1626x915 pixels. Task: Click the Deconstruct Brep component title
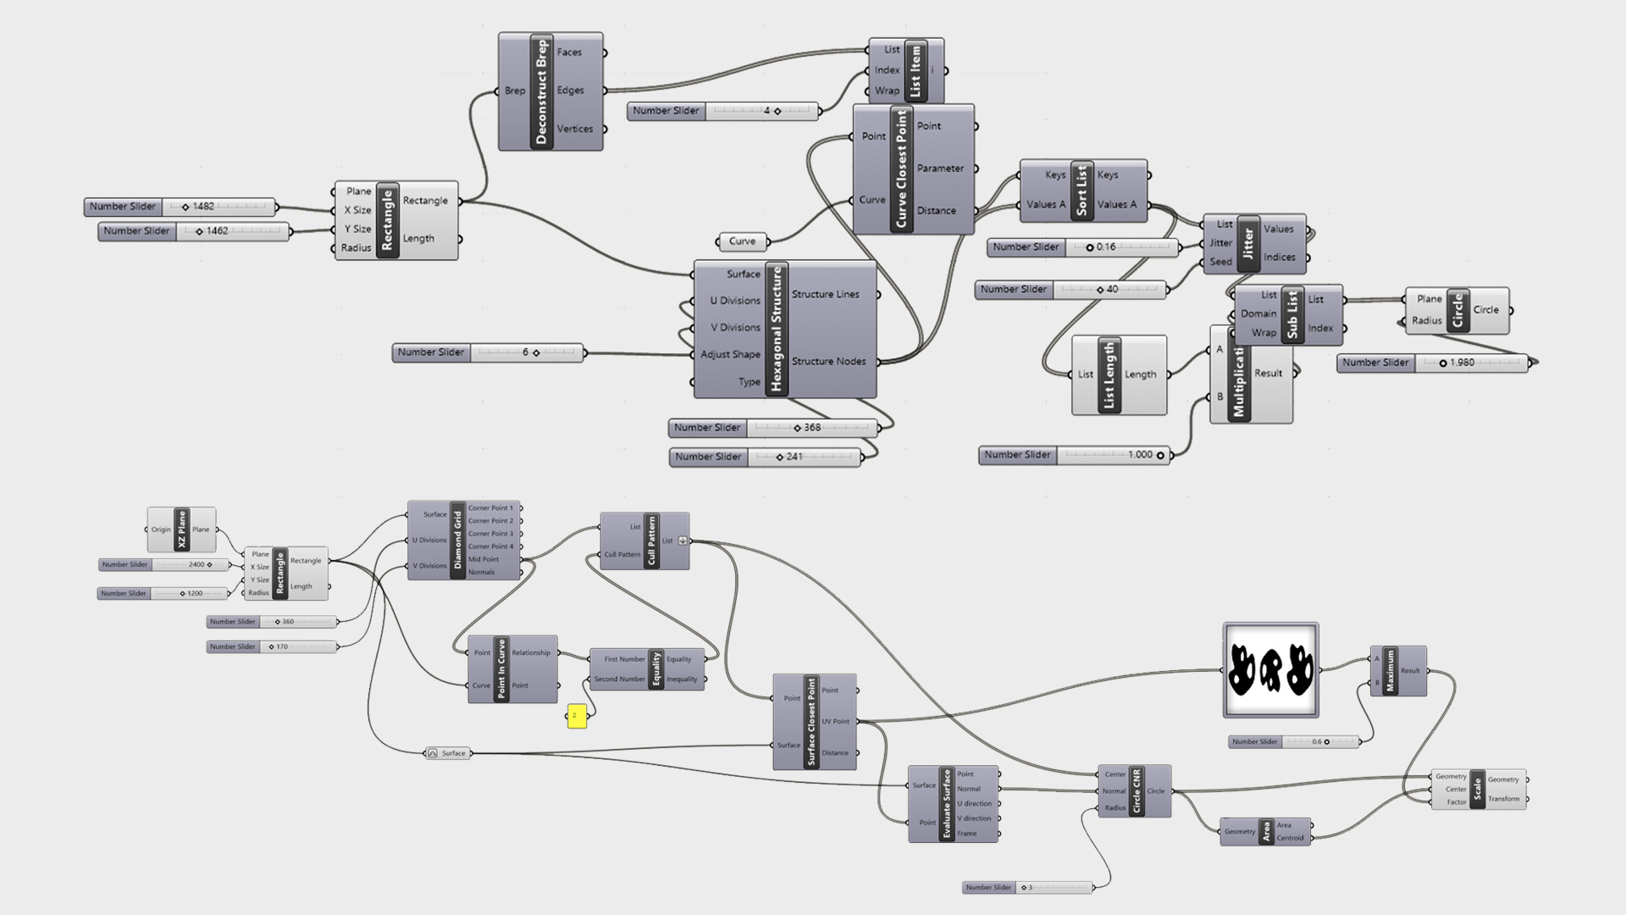click(542, 91)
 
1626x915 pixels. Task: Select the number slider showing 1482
click(180, 207)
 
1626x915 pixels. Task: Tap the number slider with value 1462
click(194, 231)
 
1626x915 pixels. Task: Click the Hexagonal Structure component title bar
click(777, 329)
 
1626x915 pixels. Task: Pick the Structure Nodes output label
click(828, 362)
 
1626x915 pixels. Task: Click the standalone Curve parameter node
click(742, 241)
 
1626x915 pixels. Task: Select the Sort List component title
click(1081, 191)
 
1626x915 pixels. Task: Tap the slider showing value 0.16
click(1083, 247)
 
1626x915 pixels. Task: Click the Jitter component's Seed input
click(1220, 262)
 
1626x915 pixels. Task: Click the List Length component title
click(1109, 375)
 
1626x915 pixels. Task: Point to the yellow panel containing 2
click(576, 716)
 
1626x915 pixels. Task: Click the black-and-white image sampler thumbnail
click(1270, 669)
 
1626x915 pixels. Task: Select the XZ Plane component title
click(181, 530)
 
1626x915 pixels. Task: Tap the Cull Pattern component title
click(651, 541)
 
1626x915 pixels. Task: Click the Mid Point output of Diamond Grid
click(484, 559)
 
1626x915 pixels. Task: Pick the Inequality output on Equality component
click(682, 679)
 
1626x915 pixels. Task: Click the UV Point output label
click(835, 722)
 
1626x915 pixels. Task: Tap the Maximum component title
click(1390, 671)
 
